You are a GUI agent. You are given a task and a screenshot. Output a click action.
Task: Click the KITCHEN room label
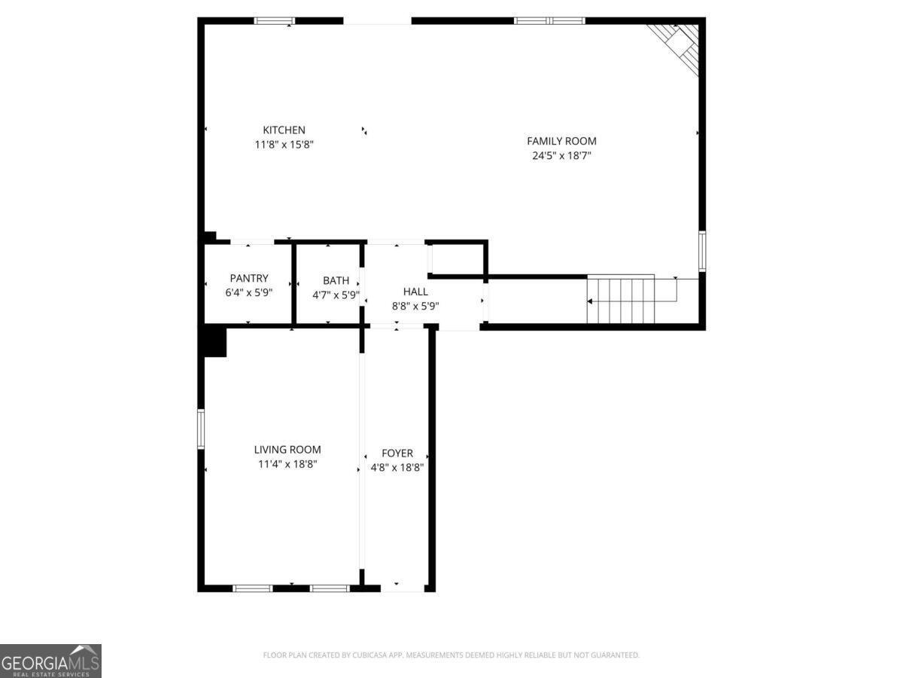point(284,130)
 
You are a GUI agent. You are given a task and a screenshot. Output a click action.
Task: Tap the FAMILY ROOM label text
point(561,141)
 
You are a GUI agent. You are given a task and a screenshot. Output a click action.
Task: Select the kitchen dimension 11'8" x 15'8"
point(284,145)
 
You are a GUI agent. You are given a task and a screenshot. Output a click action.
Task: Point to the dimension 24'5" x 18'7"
point(561,156)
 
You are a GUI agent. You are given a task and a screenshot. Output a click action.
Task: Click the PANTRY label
point(249,279)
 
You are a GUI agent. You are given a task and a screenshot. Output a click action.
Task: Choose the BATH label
point(336,280)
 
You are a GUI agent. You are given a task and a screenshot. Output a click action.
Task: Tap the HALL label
point(415,292)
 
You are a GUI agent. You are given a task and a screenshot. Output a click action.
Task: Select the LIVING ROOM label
point(287,450)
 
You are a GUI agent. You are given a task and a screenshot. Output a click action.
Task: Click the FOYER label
point(397,453)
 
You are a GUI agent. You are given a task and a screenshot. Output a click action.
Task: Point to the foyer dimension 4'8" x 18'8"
point(397,467)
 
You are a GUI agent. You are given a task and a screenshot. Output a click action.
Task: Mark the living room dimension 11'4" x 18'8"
point(287,465)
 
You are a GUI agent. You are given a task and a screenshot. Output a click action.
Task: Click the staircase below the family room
point(621,300)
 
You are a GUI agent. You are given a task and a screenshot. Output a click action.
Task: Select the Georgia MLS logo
point(50,661)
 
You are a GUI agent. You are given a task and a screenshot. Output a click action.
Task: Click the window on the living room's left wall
point(201,429)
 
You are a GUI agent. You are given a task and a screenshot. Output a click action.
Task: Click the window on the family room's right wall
point(702,251)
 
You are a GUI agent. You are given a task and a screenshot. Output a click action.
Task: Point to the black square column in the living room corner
point(214,341)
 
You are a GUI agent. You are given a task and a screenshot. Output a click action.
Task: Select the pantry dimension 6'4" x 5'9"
point(249,294)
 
